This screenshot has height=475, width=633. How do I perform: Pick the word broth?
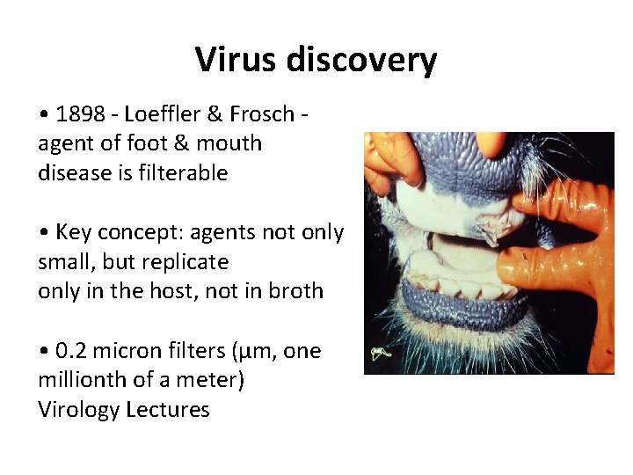pyautogui.click(x=294, y=291)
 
